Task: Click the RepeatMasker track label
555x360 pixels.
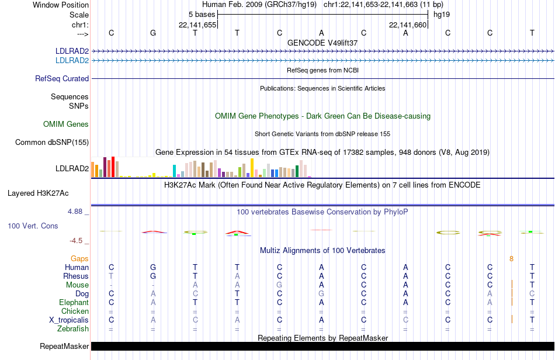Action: click(64, 347)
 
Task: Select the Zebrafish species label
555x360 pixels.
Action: click(73, 329)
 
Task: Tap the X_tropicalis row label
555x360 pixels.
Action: click(69, 320)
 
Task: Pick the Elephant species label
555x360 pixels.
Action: click(74, 303)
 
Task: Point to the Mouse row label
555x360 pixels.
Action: click(77, 285)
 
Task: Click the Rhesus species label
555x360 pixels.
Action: click(76, 276)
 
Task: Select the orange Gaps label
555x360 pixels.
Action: click(79, 258)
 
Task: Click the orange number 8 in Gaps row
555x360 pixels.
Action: click(511, 258)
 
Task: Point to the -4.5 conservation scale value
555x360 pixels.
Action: click(76, 240)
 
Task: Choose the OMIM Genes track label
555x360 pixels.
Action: click(66, 124)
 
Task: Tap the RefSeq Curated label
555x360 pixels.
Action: click(62, 78)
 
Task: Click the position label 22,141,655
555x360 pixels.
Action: click(197, 25)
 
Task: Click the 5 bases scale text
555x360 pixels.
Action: click(202, 14)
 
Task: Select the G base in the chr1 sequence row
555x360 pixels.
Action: click(153, 33)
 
